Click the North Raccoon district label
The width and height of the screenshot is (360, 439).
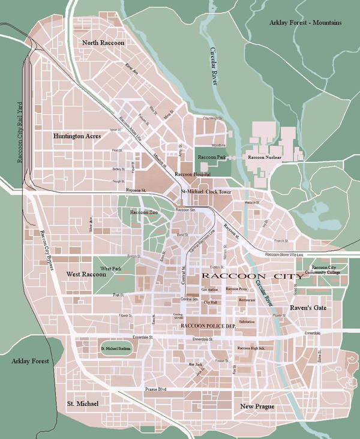point(103,43)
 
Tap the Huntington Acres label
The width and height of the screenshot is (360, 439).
point(77,136)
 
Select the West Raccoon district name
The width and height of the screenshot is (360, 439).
point(85,274)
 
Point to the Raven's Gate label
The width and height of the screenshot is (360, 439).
point(308,308)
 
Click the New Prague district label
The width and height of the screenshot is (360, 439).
point(257,407)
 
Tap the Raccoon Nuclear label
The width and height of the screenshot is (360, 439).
point(265,157)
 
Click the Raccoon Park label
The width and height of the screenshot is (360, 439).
point(211,157)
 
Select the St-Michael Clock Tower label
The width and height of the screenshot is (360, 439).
point(206,191)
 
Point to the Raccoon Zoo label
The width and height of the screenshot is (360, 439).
point(143,213)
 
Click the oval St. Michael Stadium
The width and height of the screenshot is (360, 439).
point(115,348)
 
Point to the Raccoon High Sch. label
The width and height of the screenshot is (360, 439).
point(251,348)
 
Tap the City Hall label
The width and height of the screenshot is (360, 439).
point(211,303)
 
